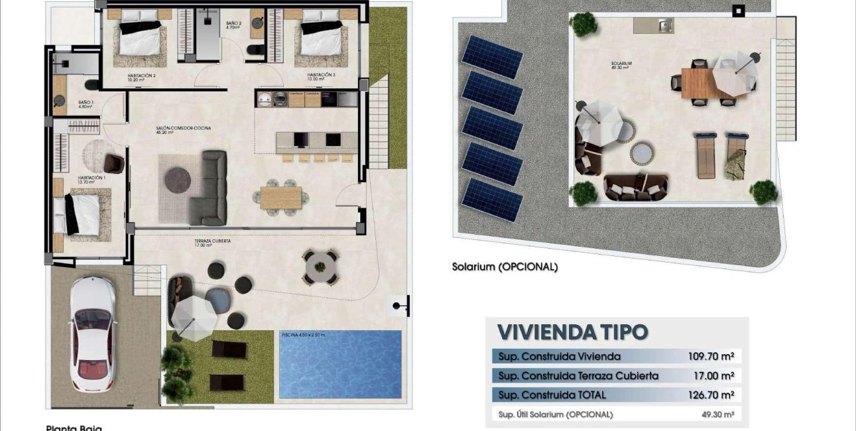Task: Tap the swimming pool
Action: pyautogui.click(x=340, y=364)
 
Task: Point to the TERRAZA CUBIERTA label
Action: pyautogui.click(x=212, y=242)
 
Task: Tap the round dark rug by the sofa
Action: pyautogui.click(x=178, y=180)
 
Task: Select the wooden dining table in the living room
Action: pyautogui.click(x=280, y=198)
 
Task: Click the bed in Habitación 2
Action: pyautogui.click(x=139, y=40)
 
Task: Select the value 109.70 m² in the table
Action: pyautogui.click(x=711, y=357)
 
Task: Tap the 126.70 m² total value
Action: pyautogui.click(x=711, y=396)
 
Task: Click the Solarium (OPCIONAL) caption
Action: pyautogui.click(x=505, y=267)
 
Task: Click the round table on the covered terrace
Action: pyautogui.click(x=321, y=267)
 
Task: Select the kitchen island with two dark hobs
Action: pyautogui.click(x=316, y=140)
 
